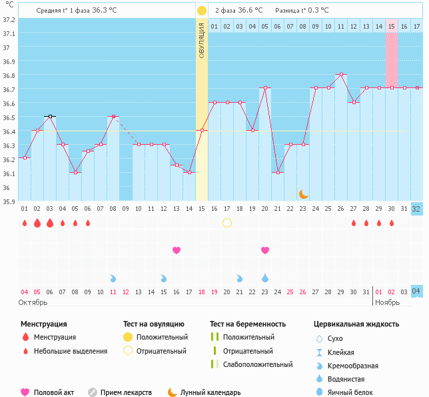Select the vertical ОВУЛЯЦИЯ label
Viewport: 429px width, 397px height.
[202, 39]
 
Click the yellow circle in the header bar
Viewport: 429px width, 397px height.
[202, 11]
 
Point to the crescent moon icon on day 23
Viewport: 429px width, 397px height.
[303, 193]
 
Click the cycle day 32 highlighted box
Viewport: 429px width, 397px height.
[416, 208]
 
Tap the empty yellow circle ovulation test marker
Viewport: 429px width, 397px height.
[227, 222]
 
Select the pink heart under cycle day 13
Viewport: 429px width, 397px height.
[177, 250]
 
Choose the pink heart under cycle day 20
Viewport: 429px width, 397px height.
[265, 250]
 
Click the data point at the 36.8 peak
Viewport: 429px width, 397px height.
[341, 74]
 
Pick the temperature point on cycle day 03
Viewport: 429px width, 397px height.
[49, 116]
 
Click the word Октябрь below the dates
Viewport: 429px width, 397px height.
[33, 302]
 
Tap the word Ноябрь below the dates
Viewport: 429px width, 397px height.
[387, 302]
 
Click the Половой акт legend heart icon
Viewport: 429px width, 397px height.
[26, 392]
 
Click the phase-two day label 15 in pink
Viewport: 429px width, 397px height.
[392, 26]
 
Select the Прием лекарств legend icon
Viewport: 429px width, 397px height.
[93, 392]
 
